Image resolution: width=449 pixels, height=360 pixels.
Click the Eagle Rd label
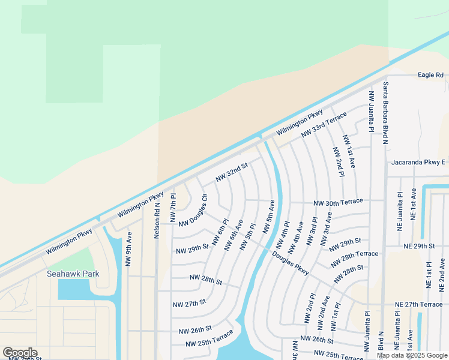[x=430, y=75]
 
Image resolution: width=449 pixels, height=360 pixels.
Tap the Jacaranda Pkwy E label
[x=417, y=162]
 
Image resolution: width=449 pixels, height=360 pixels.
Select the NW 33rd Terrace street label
[x=324, y=124]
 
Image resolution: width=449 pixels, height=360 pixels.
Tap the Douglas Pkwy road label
[x=290, y=263]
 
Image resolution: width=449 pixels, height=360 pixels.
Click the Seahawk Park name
[x=73, y=274]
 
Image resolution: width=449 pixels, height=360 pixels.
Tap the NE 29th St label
[x=418, y=246]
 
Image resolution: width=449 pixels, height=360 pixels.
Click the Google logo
[x=20, y=353]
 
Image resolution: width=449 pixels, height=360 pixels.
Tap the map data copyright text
[x=412, y=355]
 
